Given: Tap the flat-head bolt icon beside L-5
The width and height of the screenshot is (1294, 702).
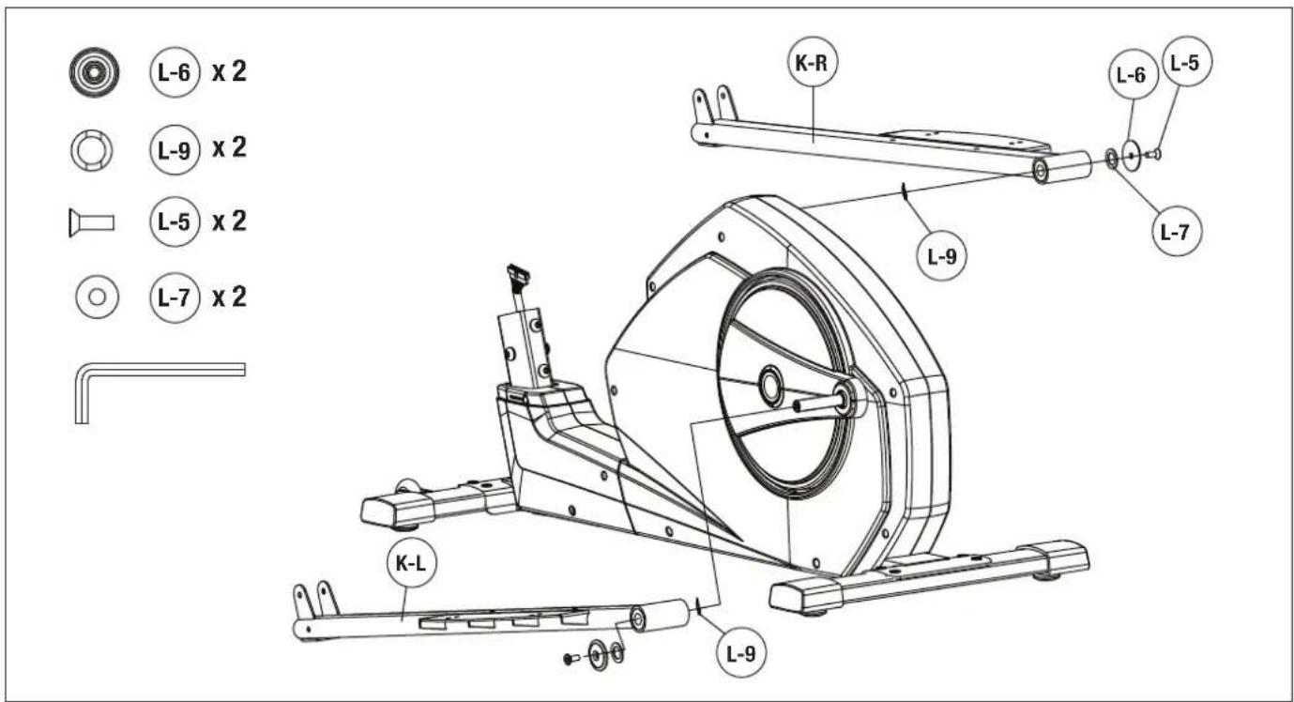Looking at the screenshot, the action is point(91,222).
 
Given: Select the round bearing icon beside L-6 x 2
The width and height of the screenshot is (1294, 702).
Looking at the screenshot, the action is point(94,72).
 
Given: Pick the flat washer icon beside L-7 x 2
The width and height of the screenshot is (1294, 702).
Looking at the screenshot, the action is point(97,297).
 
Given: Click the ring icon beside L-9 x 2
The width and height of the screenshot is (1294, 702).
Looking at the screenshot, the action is point(92,151).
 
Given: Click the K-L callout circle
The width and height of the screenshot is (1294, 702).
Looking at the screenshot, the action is point(411,563).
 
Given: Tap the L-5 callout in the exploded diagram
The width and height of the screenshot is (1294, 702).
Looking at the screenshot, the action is point(1186,61).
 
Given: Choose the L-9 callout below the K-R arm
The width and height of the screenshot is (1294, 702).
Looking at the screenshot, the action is point(942,255).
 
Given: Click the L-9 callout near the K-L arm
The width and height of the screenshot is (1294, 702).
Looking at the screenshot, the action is point(741,653).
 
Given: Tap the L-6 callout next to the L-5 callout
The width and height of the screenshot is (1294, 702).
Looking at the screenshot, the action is point(1133,74).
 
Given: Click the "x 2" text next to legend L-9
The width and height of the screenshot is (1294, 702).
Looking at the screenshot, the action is point(229,148).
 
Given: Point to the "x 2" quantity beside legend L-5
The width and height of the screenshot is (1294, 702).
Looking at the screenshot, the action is point(229,221).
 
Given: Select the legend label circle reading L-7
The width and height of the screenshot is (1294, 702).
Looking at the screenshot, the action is point(175,298).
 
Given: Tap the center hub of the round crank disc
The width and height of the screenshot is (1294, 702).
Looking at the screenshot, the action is point(770,385).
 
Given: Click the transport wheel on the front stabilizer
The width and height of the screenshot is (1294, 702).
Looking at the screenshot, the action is point(407,486).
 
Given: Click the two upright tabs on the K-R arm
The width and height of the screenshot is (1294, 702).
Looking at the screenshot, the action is point(715,104).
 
